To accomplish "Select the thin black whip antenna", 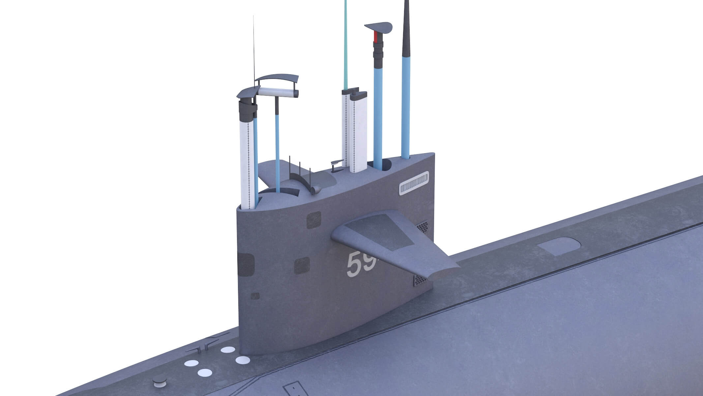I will pyautogui.click(x=254, y=49).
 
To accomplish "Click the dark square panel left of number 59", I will pyautogui.click(x=302, y=266).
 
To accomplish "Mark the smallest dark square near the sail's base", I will pyautogui.click(x=255, y=296).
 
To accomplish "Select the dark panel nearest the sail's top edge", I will pyautogui.click(x=313, y=220).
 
